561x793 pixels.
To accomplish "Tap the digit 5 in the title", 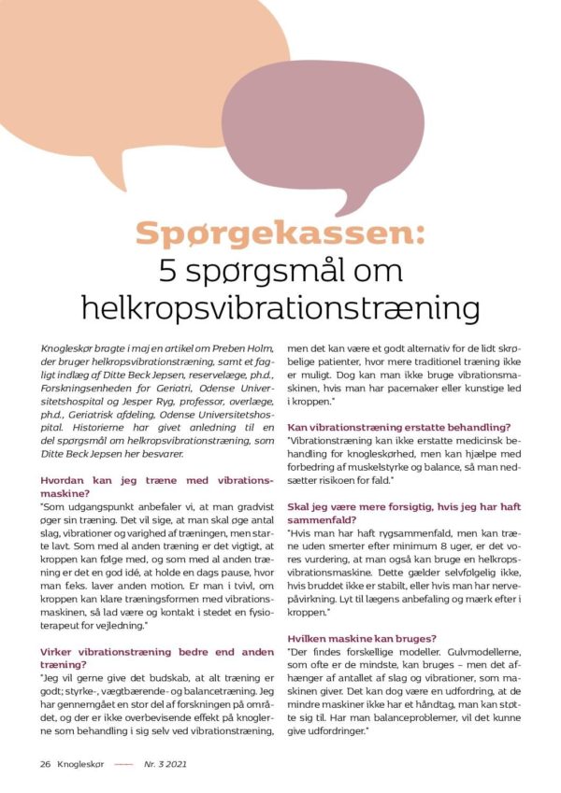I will [x=168, y=271].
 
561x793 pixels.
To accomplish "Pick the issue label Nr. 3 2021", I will [x=165, y=763].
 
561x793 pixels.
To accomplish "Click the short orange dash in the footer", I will [x=123, y=764].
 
